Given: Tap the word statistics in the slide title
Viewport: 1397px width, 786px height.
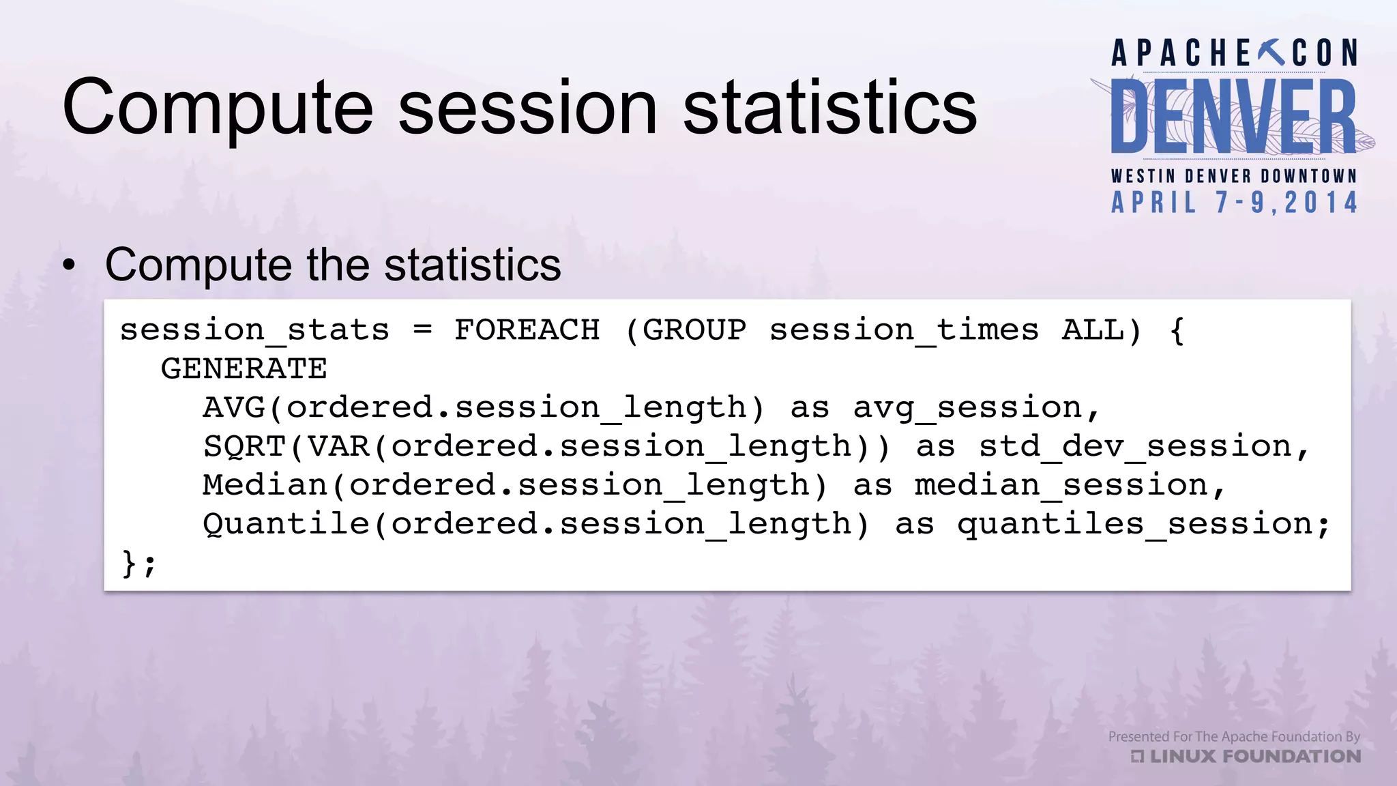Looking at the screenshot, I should point(829,108).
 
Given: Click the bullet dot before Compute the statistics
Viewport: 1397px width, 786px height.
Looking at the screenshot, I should point(69,266).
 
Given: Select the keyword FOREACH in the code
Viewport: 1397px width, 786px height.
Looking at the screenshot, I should point(527,330).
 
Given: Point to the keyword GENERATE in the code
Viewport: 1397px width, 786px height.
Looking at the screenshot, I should point(244,369).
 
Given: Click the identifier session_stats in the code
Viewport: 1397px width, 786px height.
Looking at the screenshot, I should point(254,331).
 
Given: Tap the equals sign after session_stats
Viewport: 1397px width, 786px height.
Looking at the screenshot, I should point(423,330).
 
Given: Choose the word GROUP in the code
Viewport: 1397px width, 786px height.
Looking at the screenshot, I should point(694,330).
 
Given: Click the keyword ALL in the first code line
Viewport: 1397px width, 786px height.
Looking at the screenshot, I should point(1093,330).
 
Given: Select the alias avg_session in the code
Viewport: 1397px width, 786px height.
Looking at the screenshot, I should point(967,408).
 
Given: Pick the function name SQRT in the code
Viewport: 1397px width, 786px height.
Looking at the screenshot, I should point(244,447).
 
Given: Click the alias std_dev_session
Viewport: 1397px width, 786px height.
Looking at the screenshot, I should point(1135,447).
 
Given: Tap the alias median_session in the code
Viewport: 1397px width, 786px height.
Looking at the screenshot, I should point(1061,486).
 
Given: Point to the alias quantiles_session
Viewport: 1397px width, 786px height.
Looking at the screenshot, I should point(1135,525).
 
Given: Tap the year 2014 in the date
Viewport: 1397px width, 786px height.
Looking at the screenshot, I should point(1321,203).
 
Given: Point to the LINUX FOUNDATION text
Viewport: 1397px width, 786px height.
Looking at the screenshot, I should point(1255,756).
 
